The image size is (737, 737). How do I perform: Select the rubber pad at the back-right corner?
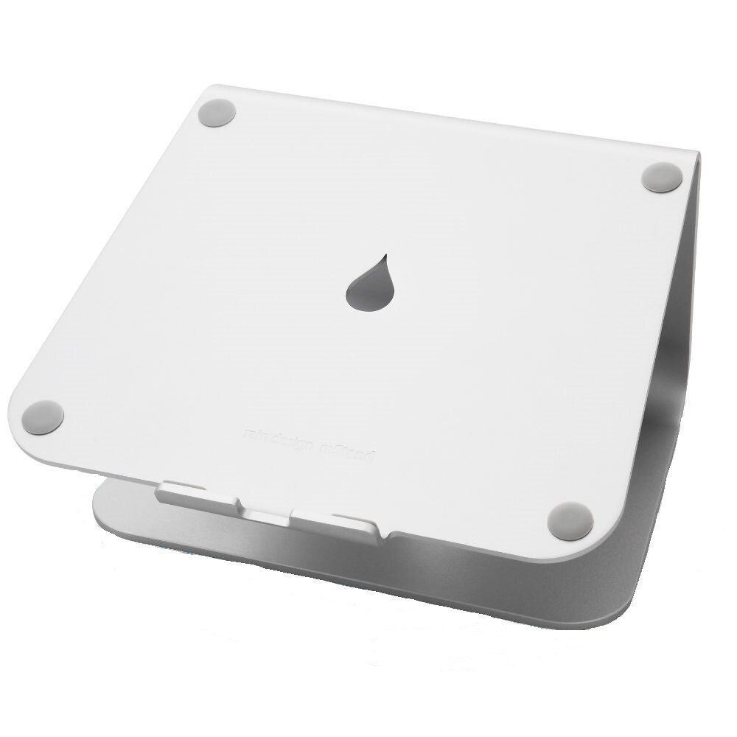coord(661,178)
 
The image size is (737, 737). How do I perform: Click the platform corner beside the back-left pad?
coord(203,94)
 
